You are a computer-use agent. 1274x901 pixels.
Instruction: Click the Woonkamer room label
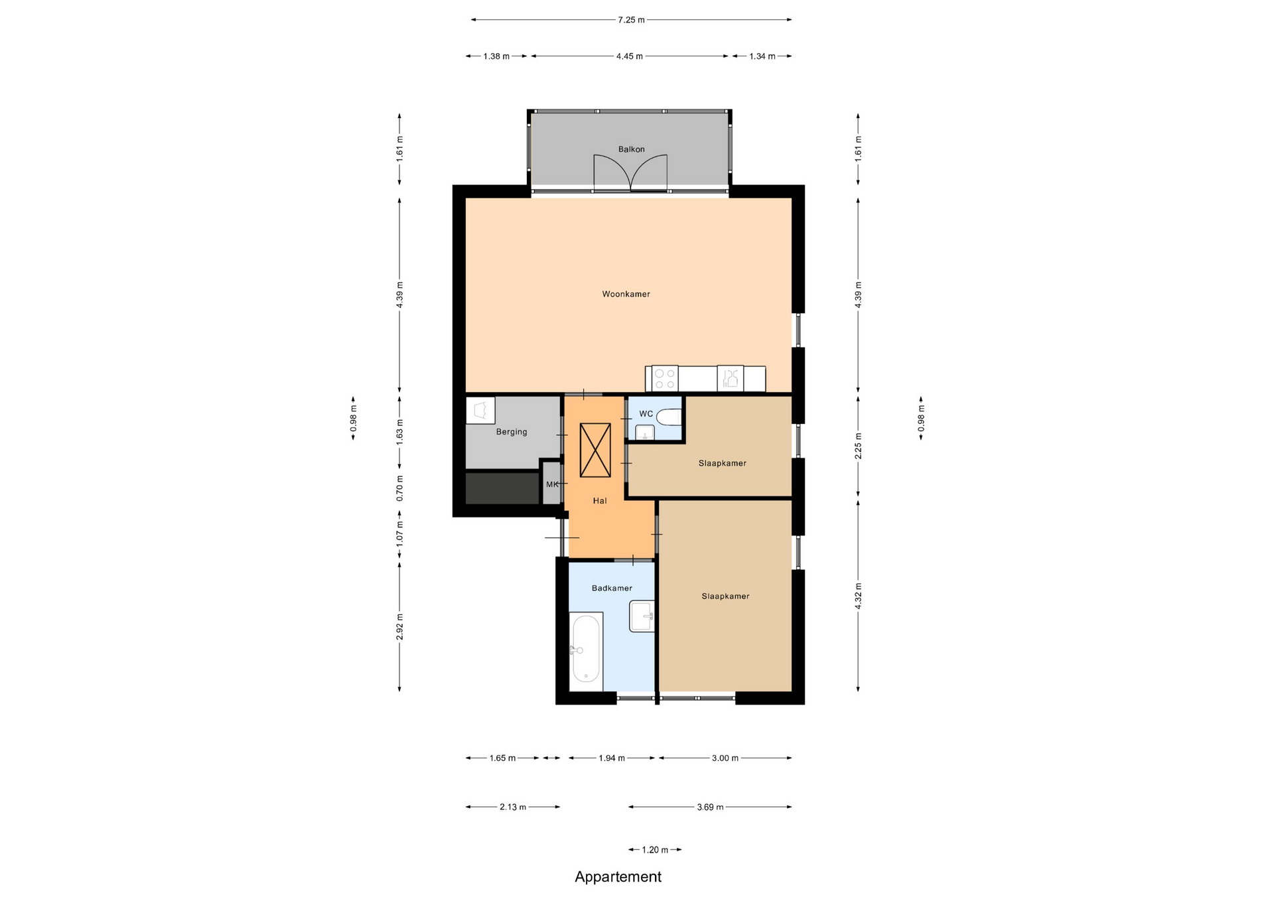click(626, 294)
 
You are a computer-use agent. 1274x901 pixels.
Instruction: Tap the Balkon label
click(631, 149)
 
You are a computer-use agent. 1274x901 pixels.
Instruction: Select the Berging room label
click(512, 432)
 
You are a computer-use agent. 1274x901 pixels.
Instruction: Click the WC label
click(646, 414)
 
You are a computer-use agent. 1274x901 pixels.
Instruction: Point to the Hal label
click(600, 501)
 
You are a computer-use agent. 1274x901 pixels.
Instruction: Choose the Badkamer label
click(612, 588)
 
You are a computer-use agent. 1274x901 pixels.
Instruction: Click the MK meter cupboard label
click(552, 484)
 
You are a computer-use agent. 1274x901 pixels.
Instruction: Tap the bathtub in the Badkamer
click(586, 652)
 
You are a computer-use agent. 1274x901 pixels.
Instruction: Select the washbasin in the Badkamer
click(642, 616)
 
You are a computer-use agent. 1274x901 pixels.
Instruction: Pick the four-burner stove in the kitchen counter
click(664, 379)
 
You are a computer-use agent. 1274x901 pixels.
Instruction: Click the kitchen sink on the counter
click(730, 379)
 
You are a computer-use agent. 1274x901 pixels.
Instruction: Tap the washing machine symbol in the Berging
click(480, 411)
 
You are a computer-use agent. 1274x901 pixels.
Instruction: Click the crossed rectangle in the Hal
click(595, 450)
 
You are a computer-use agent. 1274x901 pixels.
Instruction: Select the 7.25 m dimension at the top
click(631, 20)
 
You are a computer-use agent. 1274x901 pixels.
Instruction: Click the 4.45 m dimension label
click(629, 56)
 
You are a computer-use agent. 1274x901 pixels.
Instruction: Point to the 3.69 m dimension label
click(710, 807)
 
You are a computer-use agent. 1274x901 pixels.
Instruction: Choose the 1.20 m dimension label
click(655, 850)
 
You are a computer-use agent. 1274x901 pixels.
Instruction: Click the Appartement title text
click(618, 877)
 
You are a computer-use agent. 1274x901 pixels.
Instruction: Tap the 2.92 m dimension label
click(399, 627)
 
